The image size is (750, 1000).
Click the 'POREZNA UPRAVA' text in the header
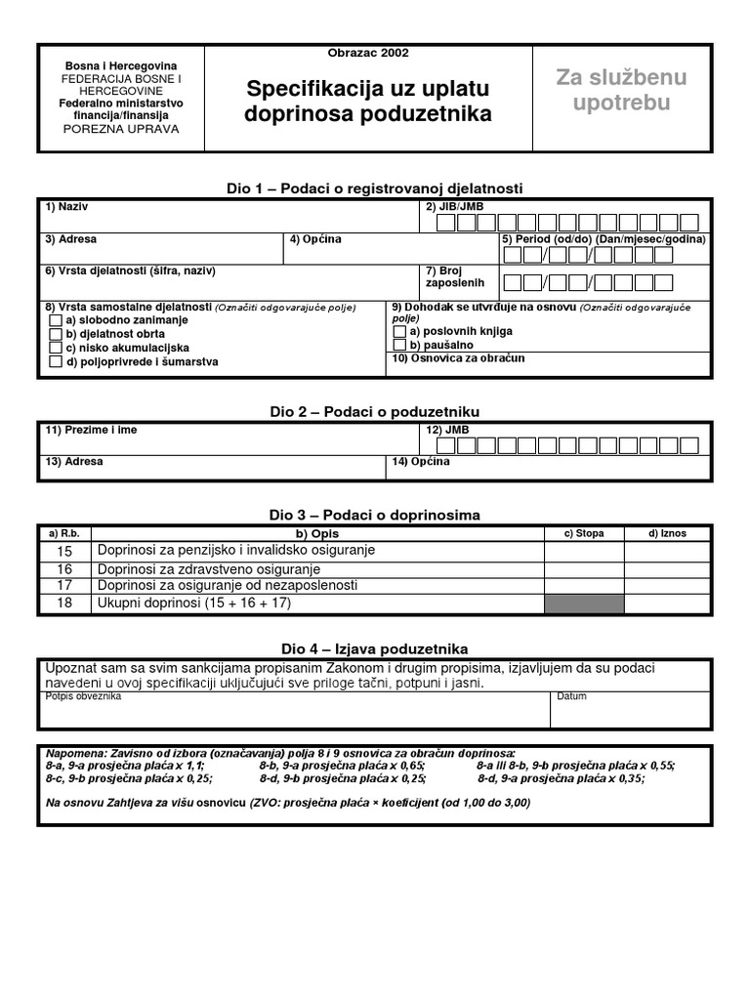pyautogui.click(x=121, y=128)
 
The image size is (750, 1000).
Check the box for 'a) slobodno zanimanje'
pyautogui.click(x=56, y=320)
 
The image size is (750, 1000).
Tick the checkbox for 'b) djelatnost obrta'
pyautogui.click(x=56, y=334)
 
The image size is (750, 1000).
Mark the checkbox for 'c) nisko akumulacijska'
pyautogui.click(x=56, y=348)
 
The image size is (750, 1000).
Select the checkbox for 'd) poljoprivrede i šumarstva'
pyautogui.click(x=56, y=361)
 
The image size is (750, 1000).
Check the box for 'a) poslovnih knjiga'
pyautogui.click(x=399, y=331)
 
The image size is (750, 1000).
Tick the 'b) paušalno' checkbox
pyautogui.click(x=399, y=345)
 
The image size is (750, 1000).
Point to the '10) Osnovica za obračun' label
pyautogui.click(x=458, y=358)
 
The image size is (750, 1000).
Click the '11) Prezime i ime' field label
pyautogui.click(x=90, y=430)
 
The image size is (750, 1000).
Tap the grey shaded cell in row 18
pyautogui.click(x=584, y=604)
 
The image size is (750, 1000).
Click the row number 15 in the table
pyautogui.click(x=64, y=551)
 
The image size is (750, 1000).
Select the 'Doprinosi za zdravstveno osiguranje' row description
pyautogui.click(x=209, y=568)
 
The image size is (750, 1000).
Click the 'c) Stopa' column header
pyautogui.click(x=584, y=533)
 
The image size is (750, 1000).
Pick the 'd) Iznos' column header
pyautogui.click(x=668, y=533)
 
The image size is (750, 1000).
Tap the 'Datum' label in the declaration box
pyautogui.click(x=571, y=697)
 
